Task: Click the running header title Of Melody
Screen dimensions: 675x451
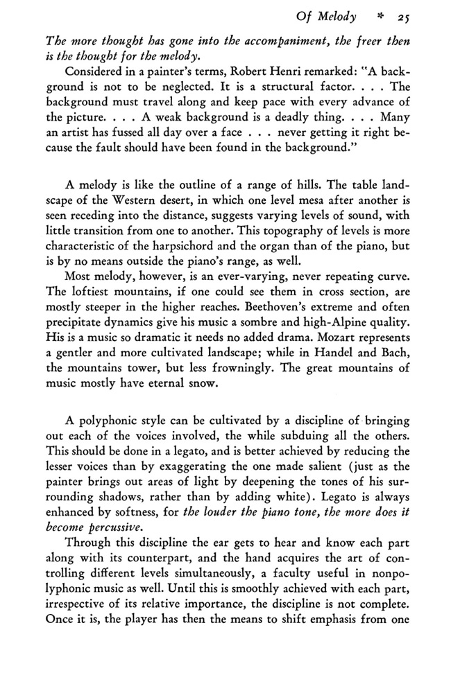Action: (326, 15)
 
